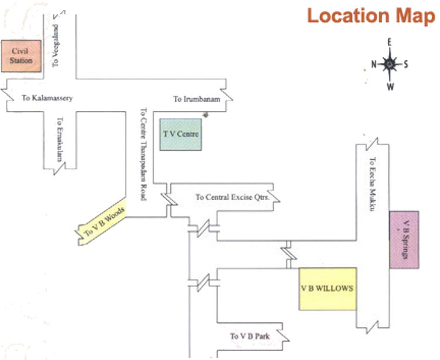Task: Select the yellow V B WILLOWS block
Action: pyautogui.click(x=327, y=289)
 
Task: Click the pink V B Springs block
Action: pyautogui.click(x=404, y=240)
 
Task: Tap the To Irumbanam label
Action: pyautogui.click(x=197, y=99)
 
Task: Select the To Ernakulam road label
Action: pyautogui.click(x=59, y=140)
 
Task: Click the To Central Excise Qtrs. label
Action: pyautogui.click(x=232, y=197)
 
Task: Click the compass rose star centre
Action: pyautogui.click(x=390, y=64)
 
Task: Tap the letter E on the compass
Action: pyautogui.click(x=389, y=42)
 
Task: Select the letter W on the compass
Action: pyautogui.click(x=390, y=87)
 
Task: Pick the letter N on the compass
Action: pyautogui.click(x=373, y=65)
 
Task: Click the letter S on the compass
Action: pyautogui.click(x=406, y=64)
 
